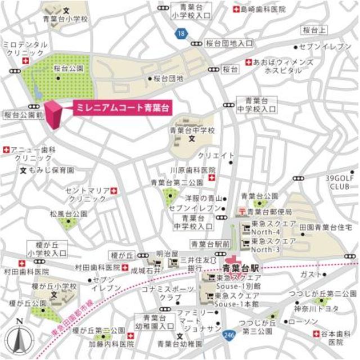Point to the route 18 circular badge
point(179,35)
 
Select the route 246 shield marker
point(228,333)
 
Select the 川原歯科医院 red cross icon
point(211,178)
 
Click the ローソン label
point(307,322)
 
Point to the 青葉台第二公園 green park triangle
point(169,197)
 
